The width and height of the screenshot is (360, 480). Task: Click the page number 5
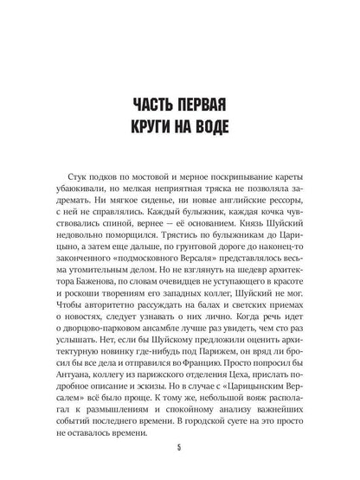pos(180,448)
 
